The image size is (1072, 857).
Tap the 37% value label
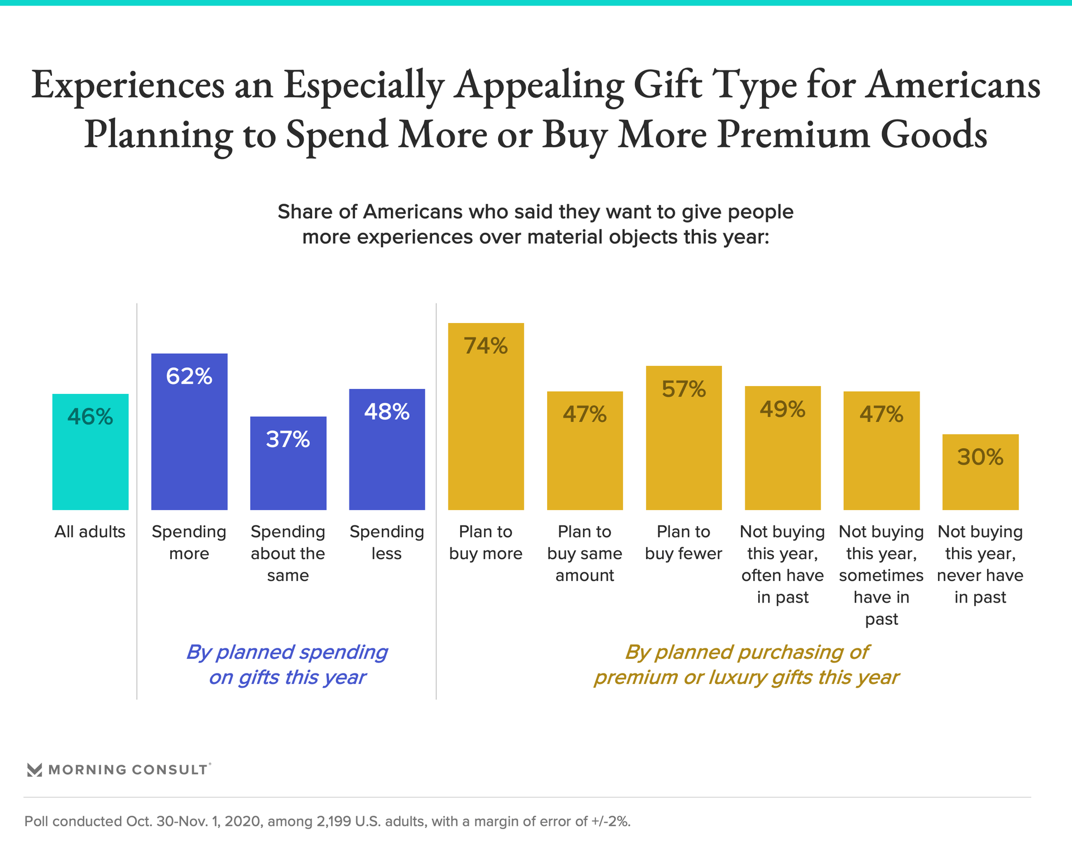[288, 440]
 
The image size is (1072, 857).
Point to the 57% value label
[684, 389]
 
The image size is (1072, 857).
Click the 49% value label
[783, 410]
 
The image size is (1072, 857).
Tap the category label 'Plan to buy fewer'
[684, 542]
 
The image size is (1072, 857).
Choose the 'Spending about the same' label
[288, 553]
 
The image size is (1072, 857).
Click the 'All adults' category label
[90, 532]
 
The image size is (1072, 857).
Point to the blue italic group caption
[287, 665]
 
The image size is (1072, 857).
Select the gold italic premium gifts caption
[746, 665]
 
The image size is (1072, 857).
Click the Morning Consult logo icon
[35, 770]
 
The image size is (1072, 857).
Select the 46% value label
[90, 417]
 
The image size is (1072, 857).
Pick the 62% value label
[189, 376]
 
